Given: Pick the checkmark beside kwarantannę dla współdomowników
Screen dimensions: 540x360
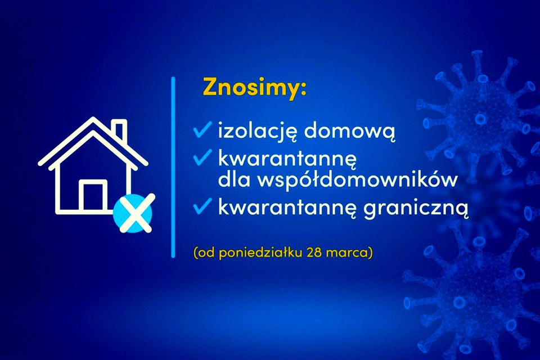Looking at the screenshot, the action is coord(202,157).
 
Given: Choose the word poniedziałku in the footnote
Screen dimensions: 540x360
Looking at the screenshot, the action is coord(260,253).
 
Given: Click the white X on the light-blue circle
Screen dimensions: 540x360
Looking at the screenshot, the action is coord(135,213).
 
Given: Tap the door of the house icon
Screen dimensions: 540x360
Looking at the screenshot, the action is coord(93,196).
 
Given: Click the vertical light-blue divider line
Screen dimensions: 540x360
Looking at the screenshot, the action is coord(173,167).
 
